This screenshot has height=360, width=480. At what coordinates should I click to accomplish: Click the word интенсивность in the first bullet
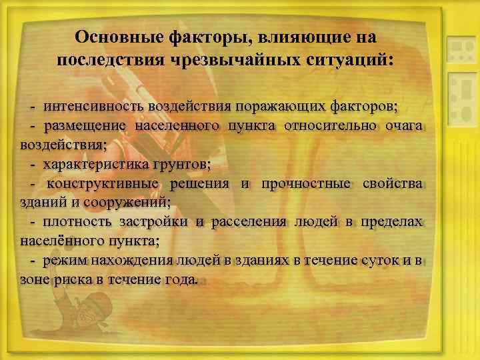85,106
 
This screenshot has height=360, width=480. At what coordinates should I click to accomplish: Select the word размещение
85,125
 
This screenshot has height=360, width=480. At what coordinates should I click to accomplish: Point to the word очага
407,125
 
